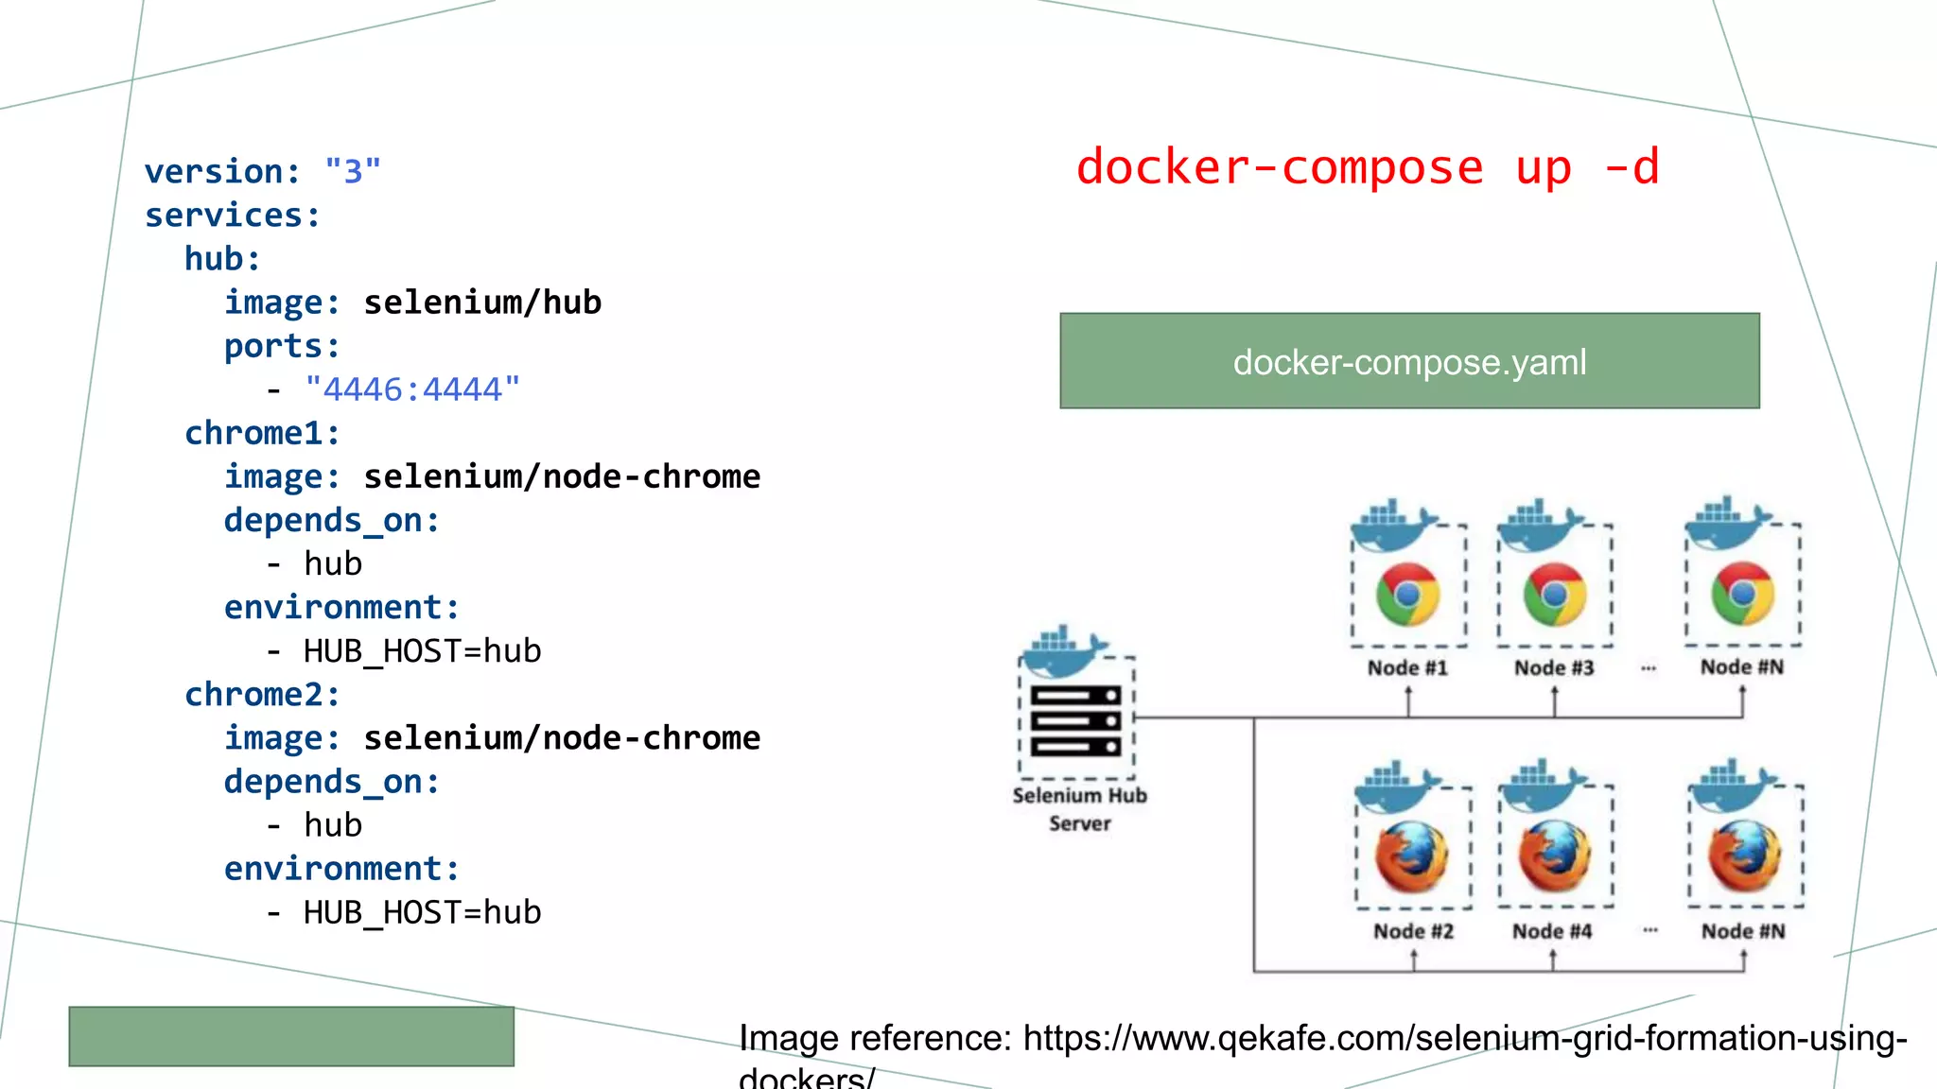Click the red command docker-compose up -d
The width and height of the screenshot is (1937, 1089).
(1367, 168)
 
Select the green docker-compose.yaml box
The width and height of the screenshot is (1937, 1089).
(1409, 361)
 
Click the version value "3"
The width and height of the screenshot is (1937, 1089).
(352, 172)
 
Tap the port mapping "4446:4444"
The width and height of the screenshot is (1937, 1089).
(412, 389)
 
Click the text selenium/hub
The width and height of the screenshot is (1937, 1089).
(482, 302)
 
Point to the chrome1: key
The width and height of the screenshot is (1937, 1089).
(262, 433)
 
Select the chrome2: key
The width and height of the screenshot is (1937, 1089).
(262, 695)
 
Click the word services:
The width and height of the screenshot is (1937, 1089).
(233, 216)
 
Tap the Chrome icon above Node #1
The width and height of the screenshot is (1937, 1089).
(1407, 595)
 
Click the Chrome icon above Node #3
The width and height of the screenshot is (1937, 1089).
(1554, 595)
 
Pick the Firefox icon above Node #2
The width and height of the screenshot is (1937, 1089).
(1411, 856)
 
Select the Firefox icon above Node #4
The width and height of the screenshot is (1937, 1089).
(1554, 856)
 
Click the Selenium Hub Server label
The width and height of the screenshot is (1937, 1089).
(1079, 809)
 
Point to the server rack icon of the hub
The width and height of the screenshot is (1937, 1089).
(1076, 721)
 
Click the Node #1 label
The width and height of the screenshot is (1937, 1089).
(1407, 668)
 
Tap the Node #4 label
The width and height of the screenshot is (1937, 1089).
(1552, 932)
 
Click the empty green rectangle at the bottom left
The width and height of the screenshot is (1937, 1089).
(291, 1036)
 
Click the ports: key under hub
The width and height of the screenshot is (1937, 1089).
(282, 346)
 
